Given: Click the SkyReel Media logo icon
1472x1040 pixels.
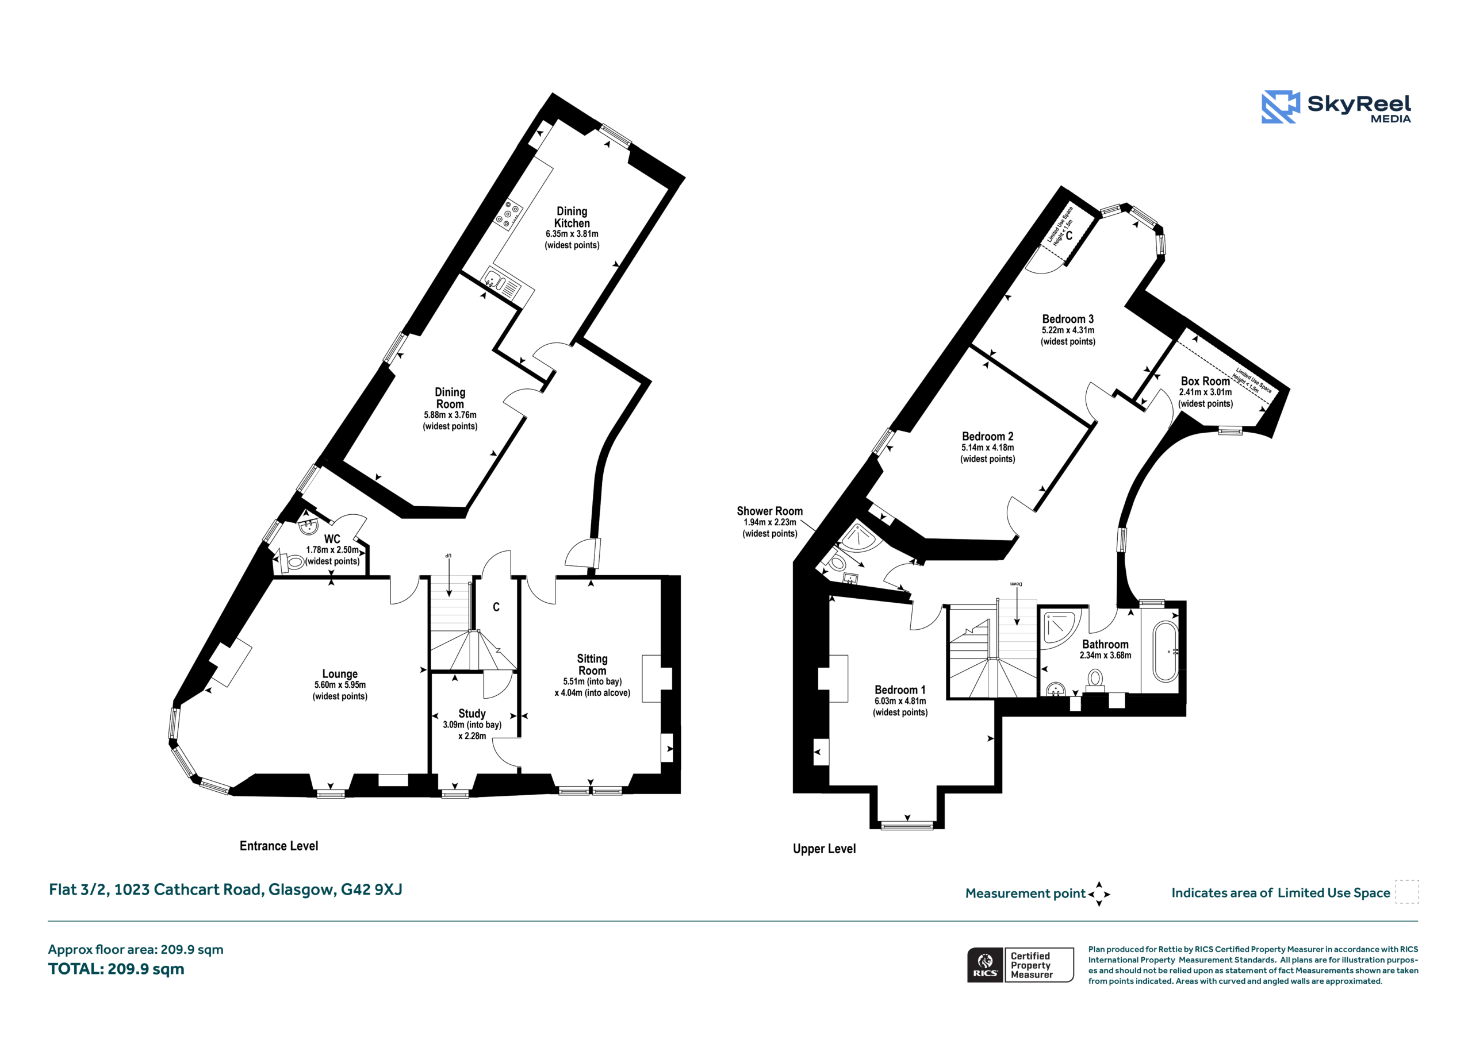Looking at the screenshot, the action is point(1281,106).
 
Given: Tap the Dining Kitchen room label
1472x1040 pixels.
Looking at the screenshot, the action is point(572,217).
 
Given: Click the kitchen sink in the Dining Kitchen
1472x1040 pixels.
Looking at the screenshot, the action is point(500,283).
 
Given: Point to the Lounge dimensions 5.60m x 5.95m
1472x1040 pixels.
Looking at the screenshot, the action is point(340,685).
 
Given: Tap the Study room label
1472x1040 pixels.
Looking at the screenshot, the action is point(472,713).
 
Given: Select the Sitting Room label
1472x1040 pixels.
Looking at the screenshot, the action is point(592,664).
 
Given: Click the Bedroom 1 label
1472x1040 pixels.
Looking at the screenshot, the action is point(900,690).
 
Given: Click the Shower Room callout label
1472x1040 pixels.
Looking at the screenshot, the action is point(769,511).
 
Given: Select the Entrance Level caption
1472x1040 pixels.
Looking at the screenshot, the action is point(279,846).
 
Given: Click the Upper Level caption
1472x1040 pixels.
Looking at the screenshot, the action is point(825,849).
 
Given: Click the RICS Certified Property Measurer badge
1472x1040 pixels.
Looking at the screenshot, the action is point(1021,965).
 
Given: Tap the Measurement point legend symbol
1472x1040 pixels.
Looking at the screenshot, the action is point(1099,894).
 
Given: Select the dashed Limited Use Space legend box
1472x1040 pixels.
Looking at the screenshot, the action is point(1407,892).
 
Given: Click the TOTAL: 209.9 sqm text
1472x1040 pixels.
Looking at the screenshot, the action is point(116,969).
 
